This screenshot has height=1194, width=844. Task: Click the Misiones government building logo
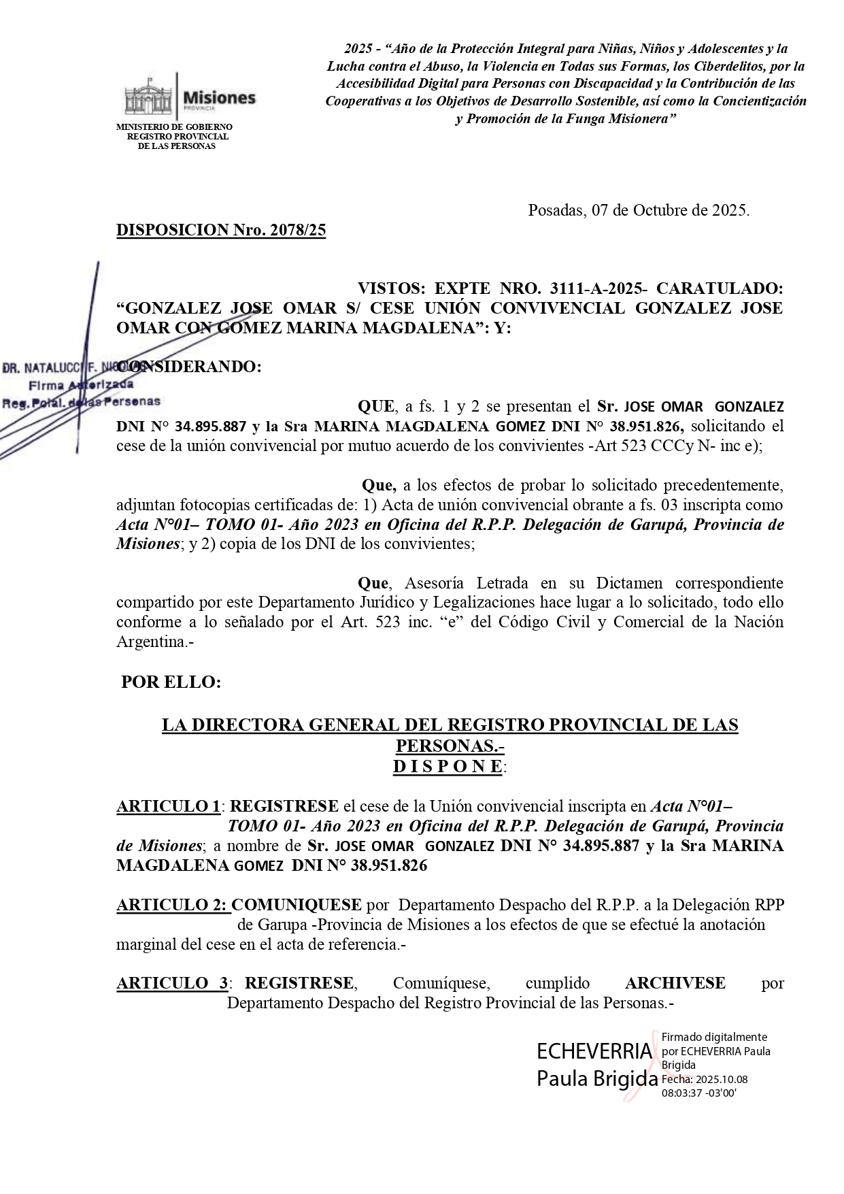[x=148, y=98]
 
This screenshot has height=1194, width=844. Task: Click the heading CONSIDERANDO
[x=189, y=367]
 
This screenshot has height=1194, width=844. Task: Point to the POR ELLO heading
[x=171, y=682]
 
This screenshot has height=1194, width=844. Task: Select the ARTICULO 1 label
[x=168, y=806]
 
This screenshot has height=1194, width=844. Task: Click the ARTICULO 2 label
[x=173, y=905]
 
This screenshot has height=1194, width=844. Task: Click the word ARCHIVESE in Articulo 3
[x=675, y=983]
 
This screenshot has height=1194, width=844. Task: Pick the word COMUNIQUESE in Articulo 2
[x=297, y=905]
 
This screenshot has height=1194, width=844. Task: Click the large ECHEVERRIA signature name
[x=594, y=1051]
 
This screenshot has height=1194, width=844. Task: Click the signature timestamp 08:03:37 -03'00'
[x=699, y=1093]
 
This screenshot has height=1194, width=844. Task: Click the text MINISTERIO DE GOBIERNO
[x=174, y=127]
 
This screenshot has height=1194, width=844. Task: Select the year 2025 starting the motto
[x=358, y=49]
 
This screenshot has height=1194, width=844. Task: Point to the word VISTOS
[x=391, y=288]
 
